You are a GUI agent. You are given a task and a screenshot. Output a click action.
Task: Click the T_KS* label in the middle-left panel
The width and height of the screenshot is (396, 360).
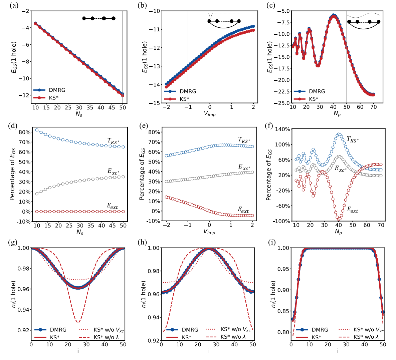click(x=113, y=141)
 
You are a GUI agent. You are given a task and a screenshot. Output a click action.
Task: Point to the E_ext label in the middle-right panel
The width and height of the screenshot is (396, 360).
click(x=352, y=210)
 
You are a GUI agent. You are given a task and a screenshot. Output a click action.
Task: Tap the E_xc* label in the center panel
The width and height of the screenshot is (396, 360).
click(x=244, y=167)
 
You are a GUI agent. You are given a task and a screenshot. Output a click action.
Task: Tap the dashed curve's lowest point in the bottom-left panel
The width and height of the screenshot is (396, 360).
click(x=78, y=322)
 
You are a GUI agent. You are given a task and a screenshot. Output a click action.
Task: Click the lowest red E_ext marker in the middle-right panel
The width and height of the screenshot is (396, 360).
click(x=338, y=219)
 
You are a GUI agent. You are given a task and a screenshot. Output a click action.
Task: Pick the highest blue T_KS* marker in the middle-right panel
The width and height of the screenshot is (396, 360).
click(x=338, y=134)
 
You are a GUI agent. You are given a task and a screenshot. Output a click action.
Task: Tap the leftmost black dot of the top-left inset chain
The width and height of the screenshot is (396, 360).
click(x=84, y=18)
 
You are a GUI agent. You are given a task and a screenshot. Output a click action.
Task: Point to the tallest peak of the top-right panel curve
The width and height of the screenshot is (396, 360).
click(x=333, y=15)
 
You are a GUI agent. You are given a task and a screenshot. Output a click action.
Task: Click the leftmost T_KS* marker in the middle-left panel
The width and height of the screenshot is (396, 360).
click(x=37, y=130)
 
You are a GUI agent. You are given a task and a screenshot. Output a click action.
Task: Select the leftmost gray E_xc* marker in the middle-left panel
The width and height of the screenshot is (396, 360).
click(x=37, y=194)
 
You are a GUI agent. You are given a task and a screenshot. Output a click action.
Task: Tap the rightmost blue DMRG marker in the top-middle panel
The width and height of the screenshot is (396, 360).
click(x=253, y=26)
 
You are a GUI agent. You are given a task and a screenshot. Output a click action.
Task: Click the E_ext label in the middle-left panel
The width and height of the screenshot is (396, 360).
click(x=112, y=206)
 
